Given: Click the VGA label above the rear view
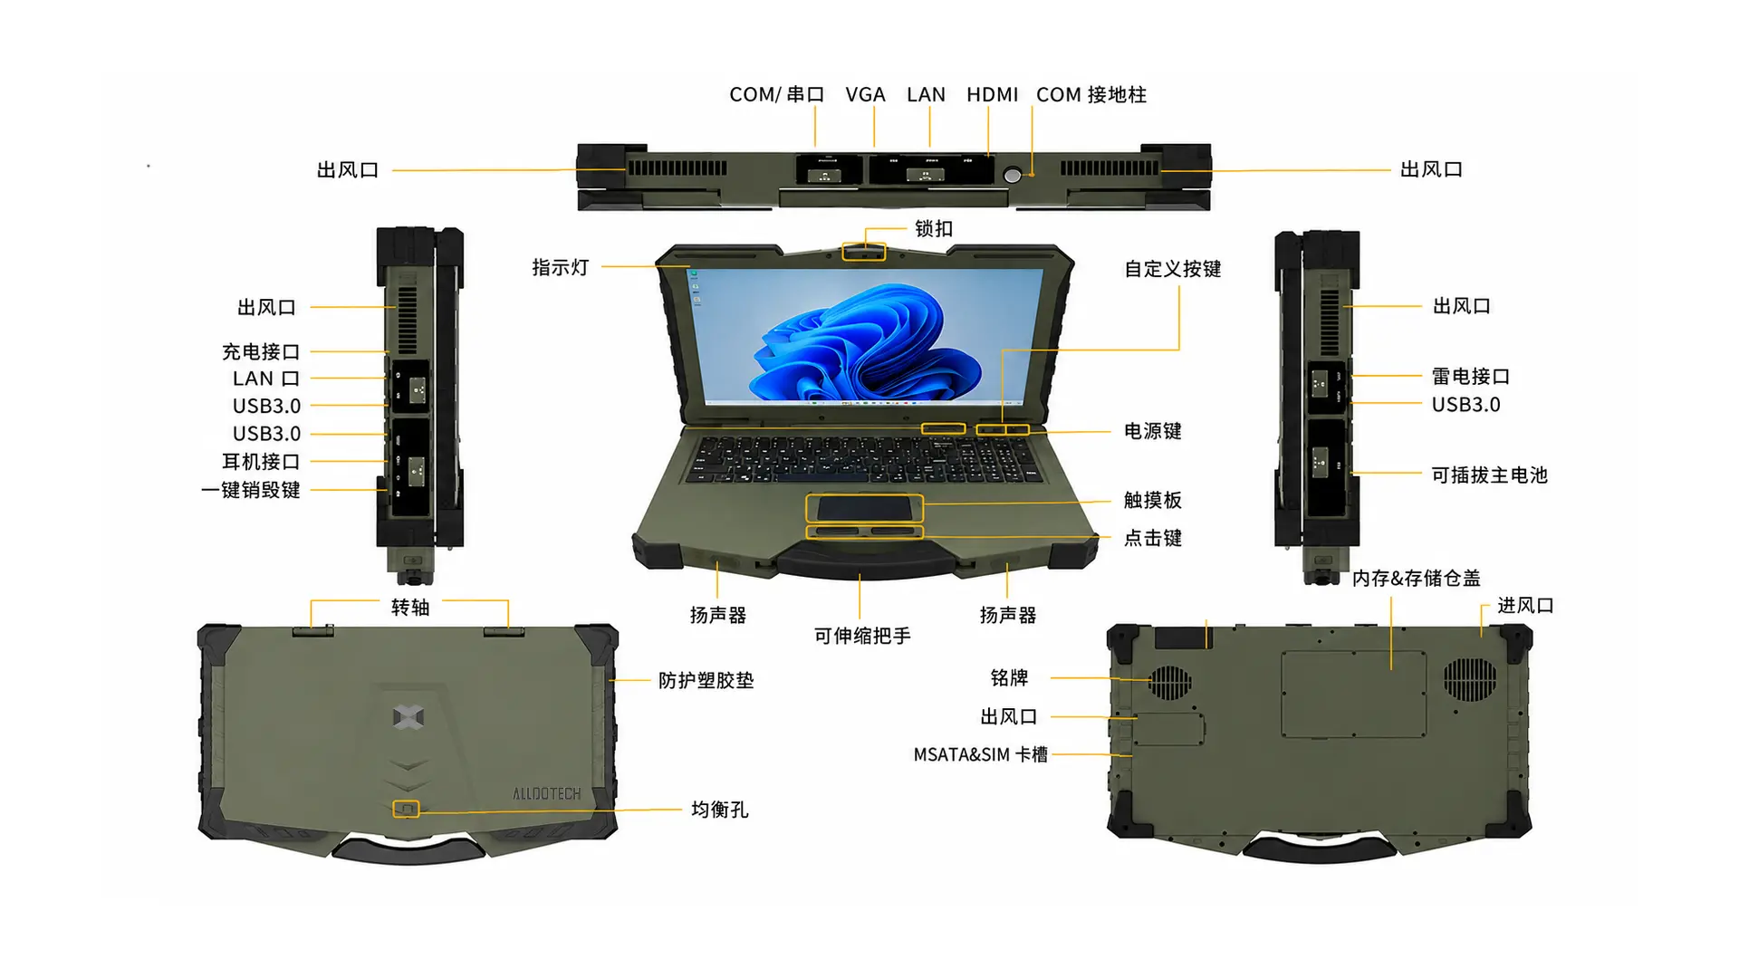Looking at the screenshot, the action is click(x=865, y=95).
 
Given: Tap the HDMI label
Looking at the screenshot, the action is click(x=992, y=95).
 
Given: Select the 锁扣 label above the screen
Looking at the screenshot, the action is click(x=934, y=229).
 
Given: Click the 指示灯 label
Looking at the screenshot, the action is click(x=561, y=267).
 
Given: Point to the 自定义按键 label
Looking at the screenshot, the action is click(x=1173, y=269).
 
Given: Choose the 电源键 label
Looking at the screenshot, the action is click(x=1153, y=431).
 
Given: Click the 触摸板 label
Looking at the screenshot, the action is click(x=1153, y=500).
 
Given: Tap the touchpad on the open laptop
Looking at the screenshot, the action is click(x=864, y=508).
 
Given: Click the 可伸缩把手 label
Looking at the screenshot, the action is click(x=862, y=636).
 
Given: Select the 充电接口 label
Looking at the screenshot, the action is click(x=261, y=351).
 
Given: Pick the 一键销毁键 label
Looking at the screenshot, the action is click(x=251, y=490).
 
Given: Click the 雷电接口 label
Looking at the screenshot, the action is click(x=1471, y=376).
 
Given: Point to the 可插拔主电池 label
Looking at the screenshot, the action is click(x=1490, y=475).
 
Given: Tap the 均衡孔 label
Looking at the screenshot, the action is click(x=720, y=810).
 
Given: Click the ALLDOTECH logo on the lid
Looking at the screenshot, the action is click(x=547, y=794).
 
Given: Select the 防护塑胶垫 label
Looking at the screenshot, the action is click(x=706, y=680).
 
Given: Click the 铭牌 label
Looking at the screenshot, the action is click(x=1010, y=677).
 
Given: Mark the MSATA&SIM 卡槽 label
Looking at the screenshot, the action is click(x=980, y=754).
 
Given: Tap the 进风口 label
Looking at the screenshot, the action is click(x=1526, y=605).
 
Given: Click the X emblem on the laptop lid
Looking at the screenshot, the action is click(x=408, y=717).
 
